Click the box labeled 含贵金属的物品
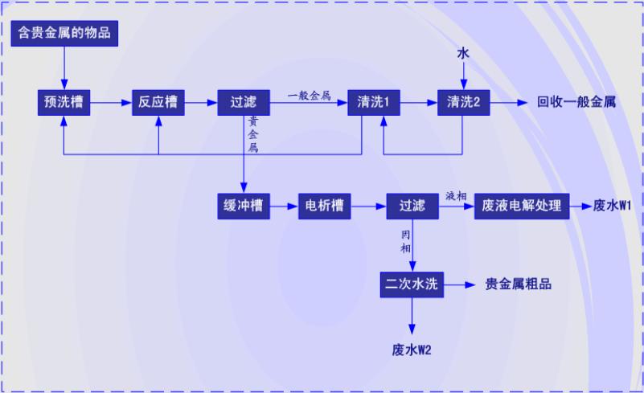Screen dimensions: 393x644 tap(64, 34)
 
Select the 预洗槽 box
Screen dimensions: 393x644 tap(64, 102)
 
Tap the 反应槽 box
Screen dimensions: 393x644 tap(158, 102)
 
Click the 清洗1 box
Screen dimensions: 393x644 tap(373, 102)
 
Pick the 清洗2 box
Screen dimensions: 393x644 tap(463, 102)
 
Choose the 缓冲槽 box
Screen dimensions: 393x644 tap(243, 206)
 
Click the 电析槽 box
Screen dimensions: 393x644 tap(325, 206)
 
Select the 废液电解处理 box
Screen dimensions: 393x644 tap(522, 206)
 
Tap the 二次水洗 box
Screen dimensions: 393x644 tap(412, 284)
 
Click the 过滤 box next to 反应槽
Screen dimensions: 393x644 tap(243, 102)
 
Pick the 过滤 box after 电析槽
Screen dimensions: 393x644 tap(412, 206)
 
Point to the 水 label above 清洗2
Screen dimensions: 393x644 tap(463, 54)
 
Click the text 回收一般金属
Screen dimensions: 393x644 tap(576, 103)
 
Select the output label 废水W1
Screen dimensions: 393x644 tap(613, 206)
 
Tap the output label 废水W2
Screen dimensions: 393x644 tap(412, 350)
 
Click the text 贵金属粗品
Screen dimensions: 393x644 tap(519, 285)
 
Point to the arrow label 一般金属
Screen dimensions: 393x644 tap(310, 95)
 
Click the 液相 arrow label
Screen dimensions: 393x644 tap(456, 197)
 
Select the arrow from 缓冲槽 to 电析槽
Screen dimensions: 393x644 tap(283, 206)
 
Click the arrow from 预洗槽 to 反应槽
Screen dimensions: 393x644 tap(111, 102)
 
